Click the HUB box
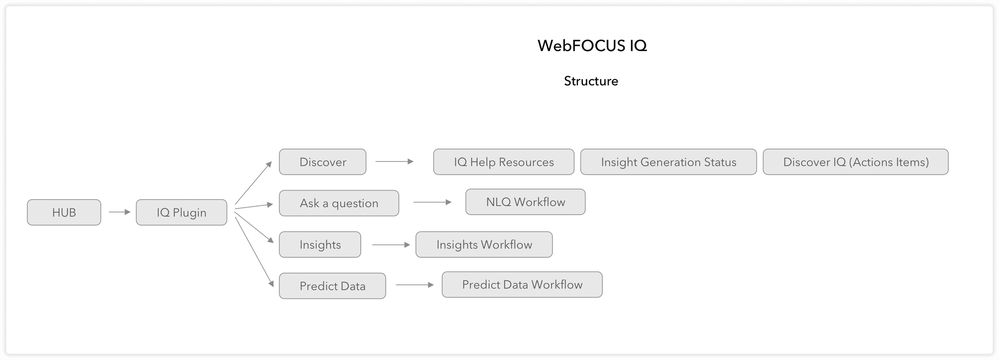coord(64,212)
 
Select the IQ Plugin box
coord(181,212)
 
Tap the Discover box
coord(322,162)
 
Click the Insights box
coord(320,244)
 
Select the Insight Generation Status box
coord(668,162)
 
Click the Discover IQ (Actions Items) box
coord(855,162)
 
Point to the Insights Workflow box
coord(484,244)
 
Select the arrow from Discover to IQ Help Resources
coord(394,161)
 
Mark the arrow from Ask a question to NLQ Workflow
coord(432,202)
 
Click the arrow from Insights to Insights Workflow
coord(391,245)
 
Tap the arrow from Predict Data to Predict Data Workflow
coord(414,285)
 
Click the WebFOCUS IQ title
coord(592,46)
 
